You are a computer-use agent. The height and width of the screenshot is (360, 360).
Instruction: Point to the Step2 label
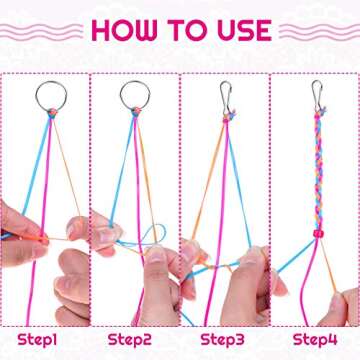click(x=134, y=339)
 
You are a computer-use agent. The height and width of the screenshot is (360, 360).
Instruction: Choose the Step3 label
click(x=222, y=339)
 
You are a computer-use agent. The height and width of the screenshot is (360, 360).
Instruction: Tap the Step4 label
click(x=311, y=339)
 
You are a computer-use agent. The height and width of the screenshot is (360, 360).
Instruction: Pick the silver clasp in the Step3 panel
click(x=227, y=96)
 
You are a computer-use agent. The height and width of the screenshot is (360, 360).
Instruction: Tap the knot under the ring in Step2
click(x=133, y=113)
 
